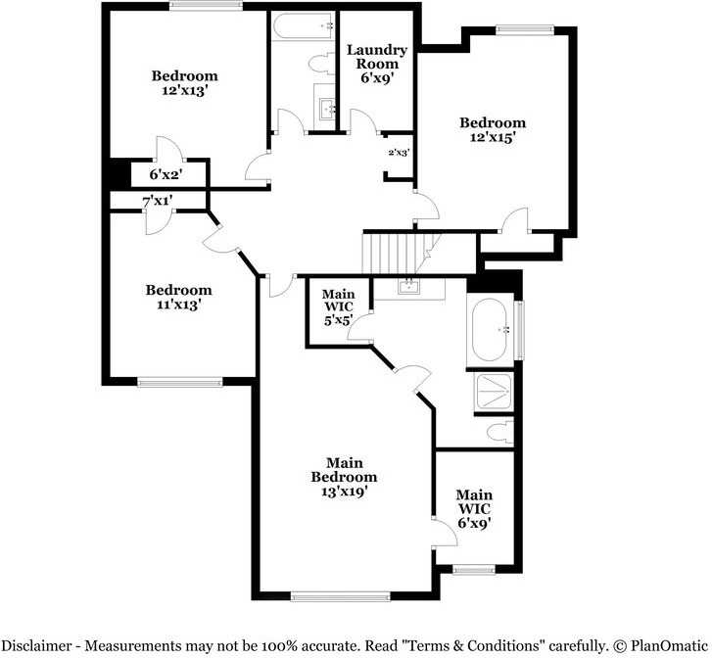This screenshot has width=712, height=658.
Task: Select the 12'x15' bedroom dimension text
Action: coord(492,138)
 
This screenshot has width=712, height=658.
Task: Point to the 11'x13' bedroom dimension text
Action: coord(177,305)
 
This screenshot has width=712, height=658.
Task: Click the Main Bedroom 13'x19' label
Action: coord(344,477)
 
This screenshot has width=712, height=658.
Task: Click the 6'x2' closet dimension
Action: coord(166,174)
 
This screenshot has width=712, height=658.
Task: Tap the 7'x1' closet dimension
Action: coord(158,201)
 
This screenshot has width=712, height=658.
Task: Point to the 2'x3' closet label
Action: coord(399,152)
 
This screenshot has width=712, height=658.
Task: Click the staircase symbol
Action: coord(395,254)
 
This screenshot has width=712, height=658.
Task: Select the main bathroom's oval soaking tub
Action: coord(492,331)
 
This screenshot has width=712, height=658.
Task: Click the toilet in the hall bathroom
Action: coord(320,65)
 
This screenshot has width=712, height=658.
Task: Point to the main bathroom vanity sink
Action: coord(409,287)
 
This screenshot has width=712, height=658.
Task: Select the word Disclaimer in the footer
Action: coord(38,646)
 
